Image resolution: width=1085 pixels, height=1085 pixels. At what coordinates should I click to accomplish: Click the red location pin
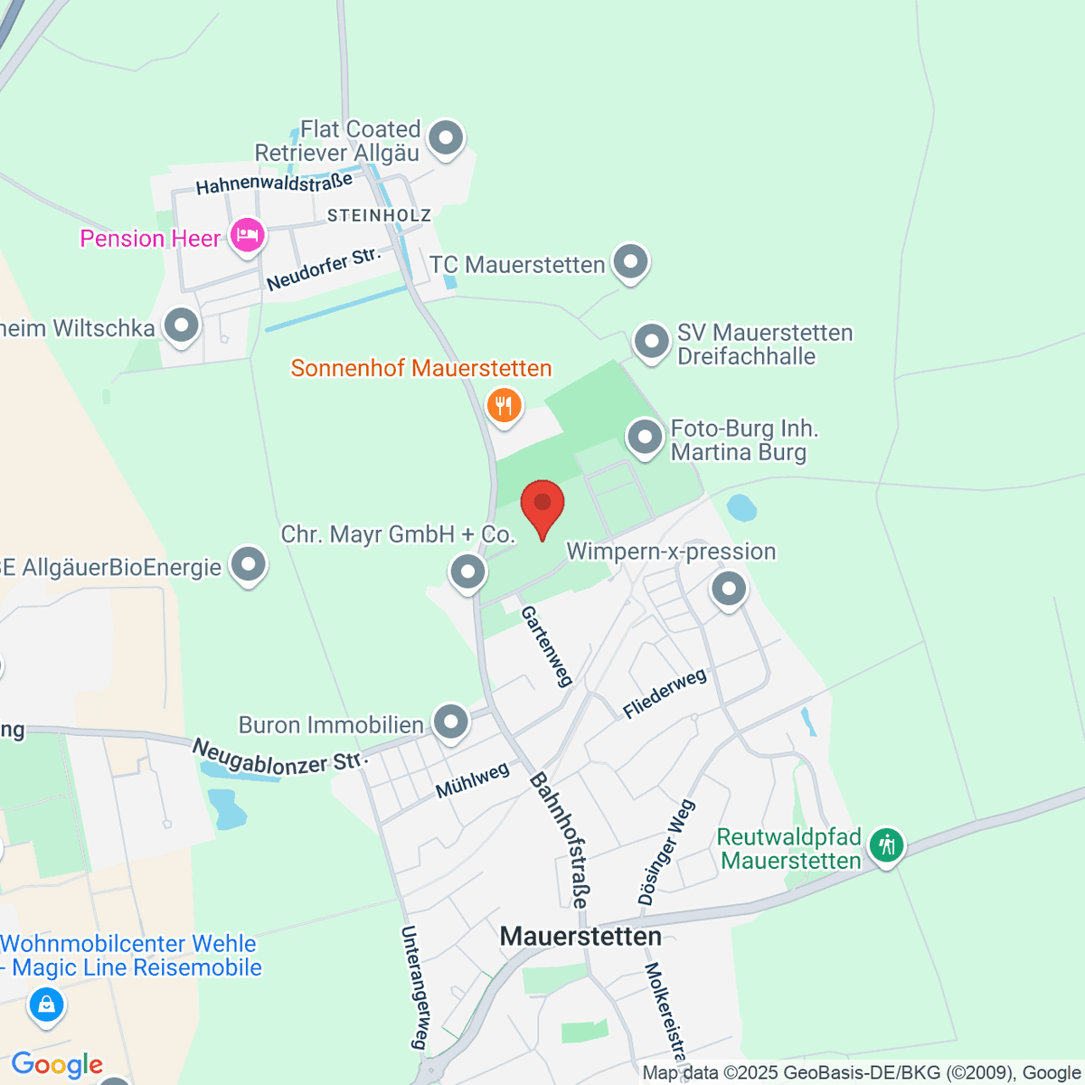click(542, 506)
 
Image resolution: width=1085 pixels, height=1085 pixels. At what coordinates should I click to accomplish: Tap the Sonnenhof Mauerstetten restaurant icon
click(504, 405)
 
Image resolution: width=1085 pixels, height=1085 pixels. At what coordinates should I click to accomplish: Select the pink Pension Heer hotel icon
click(246, 236)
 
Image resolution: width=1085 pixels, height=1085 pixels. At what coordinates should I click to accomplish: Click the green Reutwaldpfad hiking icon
click(886, 846)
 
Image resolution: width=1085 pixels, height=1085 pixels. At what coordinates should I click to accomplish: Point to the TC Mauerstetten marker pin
click(630, 263)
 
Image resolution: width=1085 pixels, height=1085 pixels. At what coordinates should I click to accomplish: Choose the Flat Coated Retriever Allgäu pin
click(445, 139)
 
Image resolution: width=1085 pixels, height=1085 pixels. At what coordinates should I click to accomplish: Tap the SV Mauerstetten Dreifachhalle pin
click(651, 343)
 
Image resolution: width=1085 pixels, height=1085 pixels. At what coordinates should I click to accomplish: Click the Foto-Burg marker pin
click(645, 438)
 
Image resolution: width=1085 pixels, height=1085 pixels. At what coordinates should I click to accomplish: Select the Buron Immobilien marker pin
click(450, 722)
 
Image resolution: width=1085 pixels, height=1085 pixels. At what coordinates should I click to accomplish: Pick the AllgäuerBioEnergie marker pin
click(249, 566)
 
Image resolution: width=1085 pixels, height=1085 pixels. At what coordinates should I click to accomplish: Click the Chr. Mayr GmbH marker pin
click(467, 571)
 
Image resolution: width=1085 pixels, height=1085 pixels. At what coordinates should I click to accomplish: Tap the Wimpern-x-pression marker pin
click(729, 590)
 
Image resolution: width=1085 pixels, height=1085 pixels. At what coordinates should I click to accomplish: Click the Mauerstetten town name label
click(580, 937)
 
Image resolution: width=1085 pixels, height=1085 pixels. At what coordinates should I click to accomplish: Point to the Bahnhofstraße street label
click(560, 839)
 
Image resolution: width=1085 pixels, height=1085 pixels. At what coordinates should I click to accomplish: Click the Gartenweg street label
click(547, 646)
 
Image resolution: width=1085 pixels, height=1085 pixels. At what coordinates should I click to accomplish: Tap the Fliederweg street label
click(665, 693)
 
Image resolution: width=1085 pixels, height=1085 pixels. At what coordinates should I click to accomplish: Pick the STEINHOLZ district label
click(379, 215)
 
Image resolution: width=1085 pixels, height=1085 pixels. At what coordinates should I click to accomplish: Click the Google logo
click(57, 1065)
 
